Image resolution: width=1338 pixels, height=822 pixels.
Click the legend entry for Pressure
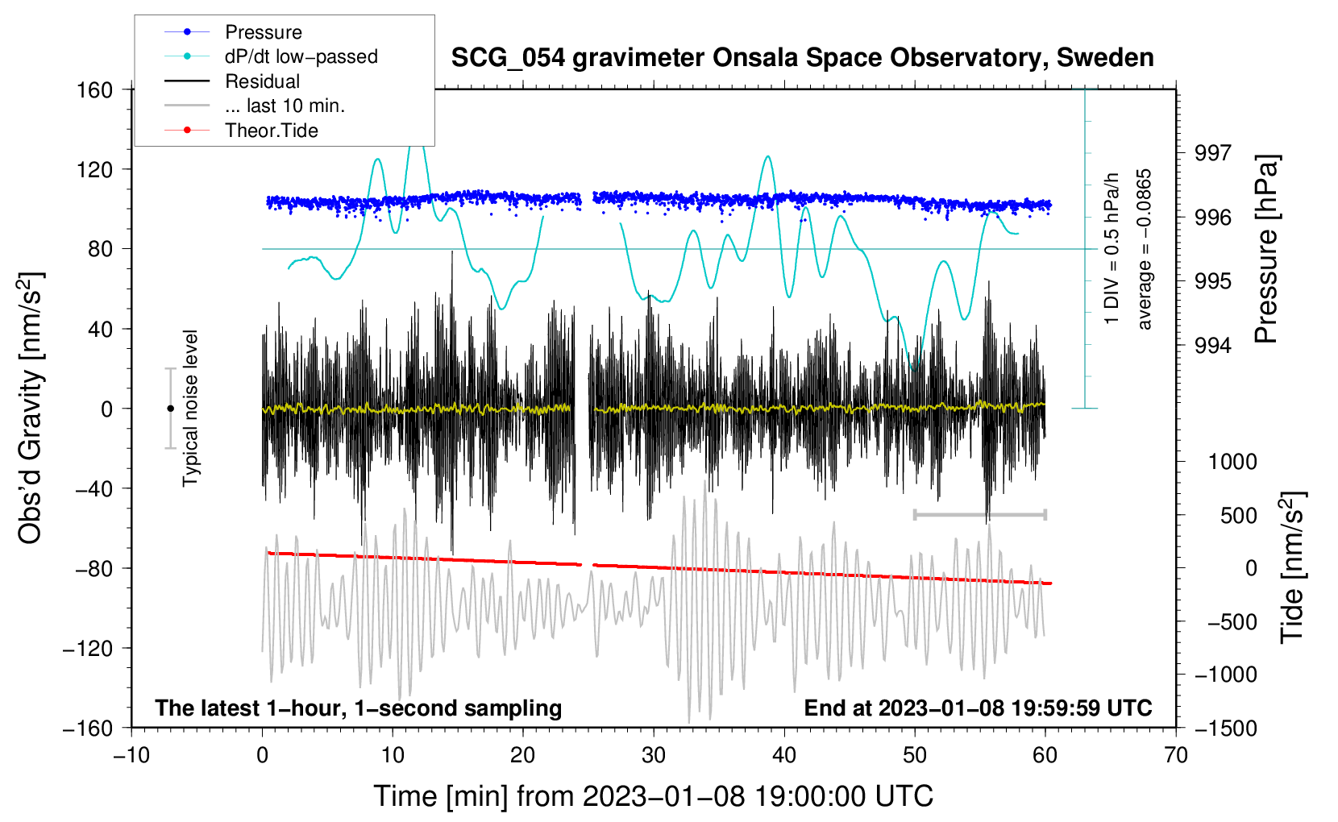click(263, 32)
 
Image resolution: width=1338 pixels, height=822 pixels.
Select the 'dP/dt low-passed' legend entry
click(301, 56)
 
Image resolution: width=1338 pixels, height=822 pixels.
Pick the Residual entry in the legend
click(262, 81)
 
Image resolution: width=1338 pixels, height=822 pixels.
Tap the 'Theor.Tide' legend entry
click(271, 131)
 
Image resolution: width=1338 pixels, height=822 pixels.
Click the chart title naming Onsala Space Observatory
click(802, 58)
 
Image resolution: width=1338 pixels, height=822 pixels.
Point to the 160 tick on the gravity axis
click(95, 89)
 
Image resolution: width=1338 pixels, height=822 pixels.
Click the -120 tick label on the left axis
click(88, 648)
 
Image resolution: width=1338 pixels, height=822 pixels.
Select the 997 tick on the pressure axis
click(1213, 153)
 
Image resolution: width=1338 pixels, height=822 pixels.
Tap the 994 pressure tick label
click(1213, 346)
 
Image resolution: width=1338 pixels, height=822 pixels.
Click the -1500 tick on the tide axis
click(1225, 728)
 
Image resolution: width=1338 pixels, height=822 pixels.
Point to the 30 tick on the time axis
click(654, 755)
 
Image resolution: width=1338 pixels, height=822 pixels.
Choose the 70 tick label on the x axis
click(1176, 755)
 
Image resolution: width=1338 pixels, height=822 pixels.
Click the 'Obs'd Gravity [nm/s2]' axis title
click(31, 408)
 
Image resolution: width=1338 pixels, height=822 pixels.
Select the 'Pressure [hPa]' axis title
click(1266, 250)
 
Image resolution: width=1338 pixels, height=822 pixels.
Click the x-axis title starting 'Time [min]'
click(653, 796)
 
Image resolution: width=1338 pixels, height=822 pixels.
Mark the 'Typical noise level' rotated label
click(190, 408)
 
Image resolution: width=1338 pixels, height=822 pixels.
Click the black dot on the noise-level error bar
click(170, 409)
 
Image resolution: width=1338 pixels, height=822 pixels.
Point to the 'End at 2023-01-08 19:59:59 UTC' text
click(978, 708)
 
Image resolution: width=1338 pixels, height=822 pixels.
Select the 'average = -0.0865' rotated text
click(1145, 249)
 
